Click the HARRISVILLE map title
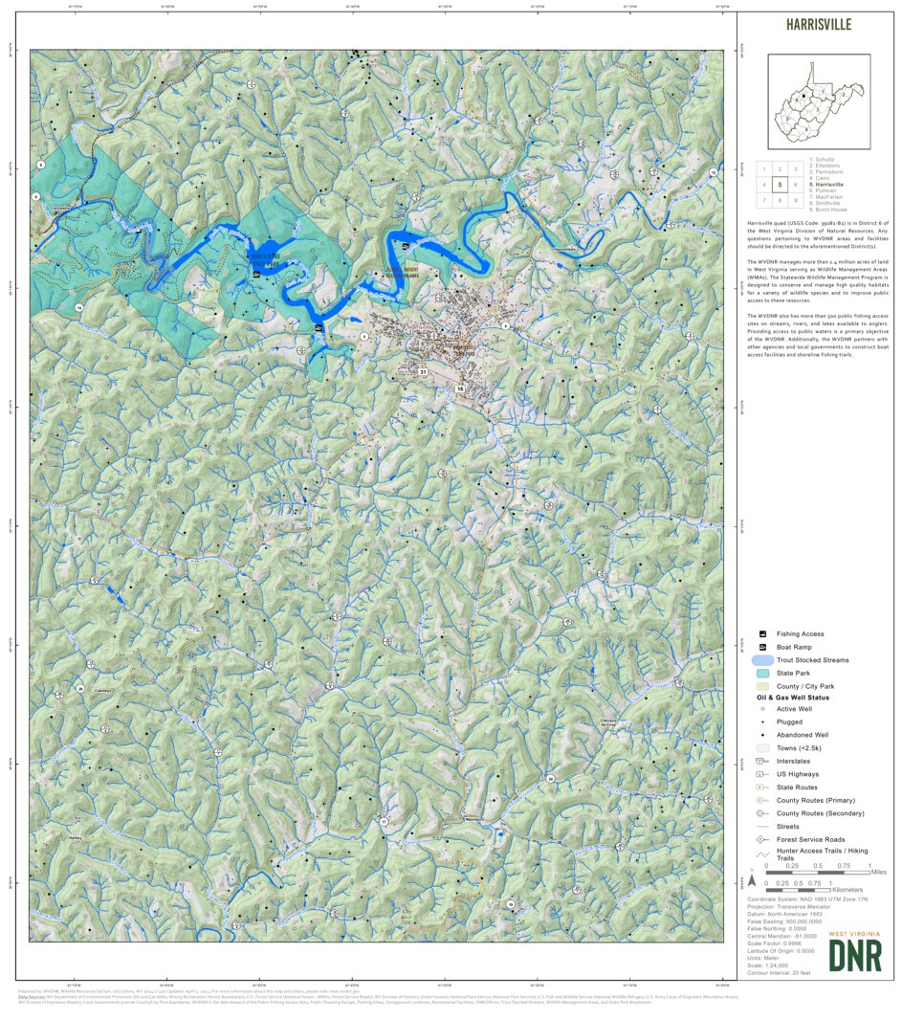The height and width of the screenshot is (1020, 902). tap(818, 25)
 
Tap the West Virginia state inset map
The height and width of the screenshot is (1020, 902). tap(819, 100)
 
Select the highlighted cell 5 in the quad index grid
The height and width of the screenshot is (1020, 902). tap(781, 185)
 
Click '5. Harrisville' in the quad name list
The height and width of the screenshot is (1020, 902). tap(827, 184)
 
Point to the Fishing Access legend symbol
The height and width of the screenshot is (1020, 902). tap(762, 634)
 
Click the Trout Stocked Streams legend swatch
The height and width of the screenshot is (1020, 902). tap(762, 660)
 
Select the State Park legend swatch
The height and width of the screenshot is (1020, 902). tap(762, 674)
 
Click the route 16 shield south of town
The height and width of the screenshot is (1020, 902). tap(460, 389)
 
